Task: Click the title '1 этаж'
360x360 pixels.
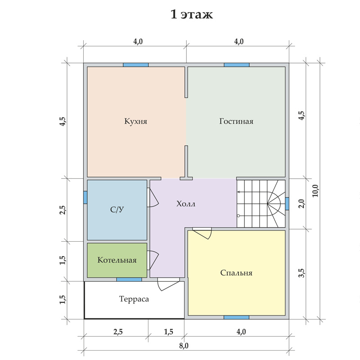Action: pyautogui.click(x=192, y=14)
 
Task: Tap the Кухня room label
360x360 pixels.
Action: pyautogui.click(x=136, y=121)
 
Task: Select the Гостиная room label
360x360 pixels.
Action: pyautogui.click(x=236, y=121)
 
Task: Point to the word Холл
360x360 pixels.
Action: pyautogui.click(x=186, y=204)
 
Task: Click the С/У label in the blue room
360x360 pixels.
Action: pyautogui.click(x=117, y=209)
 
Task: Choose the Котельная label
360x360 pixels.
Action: pyautogui.click(x=117, y=260)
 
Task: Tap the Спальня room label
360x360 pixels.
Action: pyautogui.click(x=236, y=273)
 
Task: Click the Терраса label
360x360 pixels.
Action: pyautogui.click(x=134, y=299)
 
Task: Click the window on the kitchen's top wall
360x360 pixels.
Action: pyautogui.click(x=136, y=65)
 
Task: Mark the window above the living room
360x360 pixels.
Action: pyautogui.click(x=237, y=65)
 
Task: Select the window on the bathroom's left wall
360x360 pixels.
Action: pyautogui.click(x=85, y=198)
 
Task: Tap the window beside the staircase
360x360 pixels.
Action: pyautogui.click(x=287, y=204)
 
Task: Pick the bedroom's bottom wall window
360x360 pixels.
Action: pyautogui.click(x=237, y=317)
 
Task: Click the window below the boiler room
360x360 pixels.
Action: pyautogui.click(x=129, y=279)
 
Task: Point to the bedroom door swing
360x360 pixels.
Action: pyautogui.click(x=202, y=233)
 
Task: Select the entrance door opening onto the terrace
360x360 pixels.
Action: pyautogui.click(x=168, y=284)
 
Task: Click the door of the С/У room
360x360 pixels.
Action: pyautogui.click(x=153, y=198)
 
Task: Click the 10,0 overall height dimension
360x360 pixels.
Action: pyautogui.click(x=315, y=191)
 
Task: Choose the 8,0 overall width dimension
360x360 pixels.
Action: pyautogui.click(x=184, y=346)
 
